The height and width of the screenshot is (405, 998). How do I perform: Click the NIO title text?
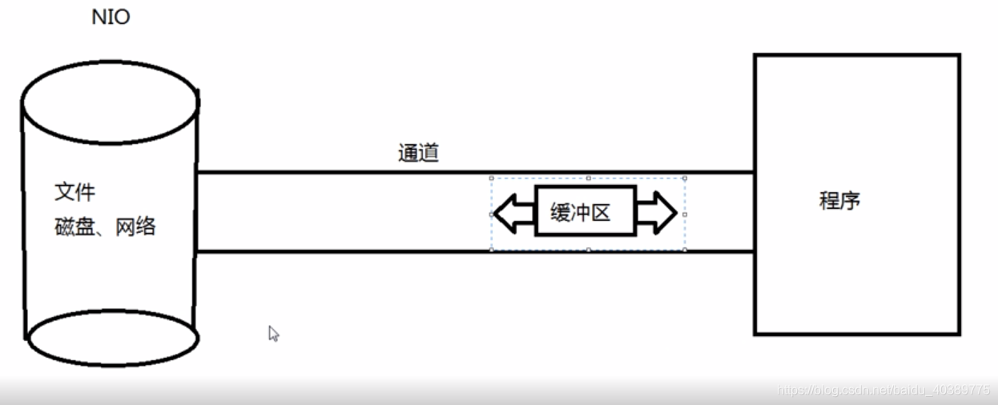(x=111, y=17)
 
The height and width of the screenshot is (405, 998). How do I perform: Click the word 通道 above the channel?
(x=418, y=153)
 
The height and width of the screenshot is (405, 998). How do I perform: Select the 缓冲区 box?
(x=585, y=211)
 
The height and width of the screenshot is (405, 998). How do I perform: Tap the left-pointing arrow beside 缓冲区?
(x=513, y=214)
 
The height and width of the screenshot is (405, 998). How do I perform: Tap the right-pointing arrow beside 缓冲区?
(x=657, y=214)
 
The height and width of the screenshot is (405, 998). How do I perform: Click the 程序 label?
(x=839, y=200)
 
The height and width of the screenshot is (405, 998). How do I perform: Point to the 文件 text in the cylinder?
(x=75, y=193)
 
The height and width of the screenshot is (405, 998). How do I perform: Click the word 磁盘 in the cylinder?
(x=74, y=227)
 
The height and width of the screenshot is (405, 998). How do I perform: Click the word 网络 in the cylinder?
(x=135, y=227)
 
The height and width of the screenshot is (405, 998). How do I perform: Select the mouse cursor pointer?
(x=272, y=332)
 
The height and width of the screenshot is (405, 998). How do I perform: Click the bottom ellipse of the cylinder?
(x=112, y=338)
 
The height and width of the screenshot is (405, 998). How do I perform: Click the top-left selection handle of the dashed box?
(x=491, y=178)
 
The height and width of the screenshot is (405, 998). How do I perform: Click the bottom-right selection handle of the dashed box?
(x=685, y=250)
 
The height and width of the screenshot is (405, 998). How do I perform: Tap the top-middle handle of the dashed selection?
(x=588, y=178)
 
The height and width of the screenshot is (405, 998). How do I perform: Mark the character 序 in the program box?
(x=851, y=200)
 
